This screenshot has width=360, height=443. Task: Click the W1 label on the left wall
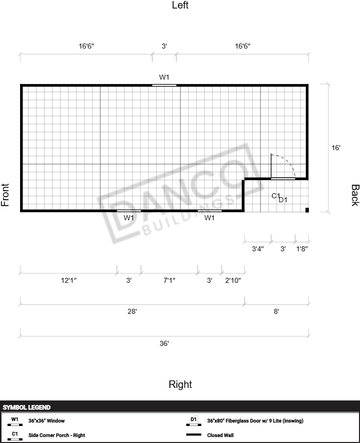tap(164, 77)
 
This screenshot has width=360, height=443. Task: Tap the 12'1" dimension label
tap(69, 280)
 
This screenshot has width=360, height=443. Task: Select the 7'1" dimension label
tap(169, 280)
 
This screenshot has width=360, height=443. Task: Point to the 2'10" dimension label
tap(233, 280)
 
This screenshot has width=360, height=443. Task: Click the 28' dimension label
tap(132, 311)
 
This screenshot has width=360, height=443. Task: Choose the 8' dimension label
tap(276, 311)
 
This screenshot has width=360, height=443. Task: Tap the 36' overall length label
tap(164, 343)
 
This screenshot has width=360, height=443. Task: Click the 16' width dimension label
tap(335, 148)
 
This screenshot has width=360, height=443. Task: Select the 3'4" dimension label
tap(258, 249)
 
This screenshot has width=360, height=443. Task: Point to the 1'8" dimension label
tap(302, 249)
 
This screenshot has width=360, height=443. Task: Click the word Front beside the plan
tap(5, 195)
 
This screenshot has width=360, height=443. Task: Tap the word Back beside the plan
tap(355, 195)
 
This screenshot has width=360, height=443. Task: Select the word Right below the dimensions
tap(180, 384)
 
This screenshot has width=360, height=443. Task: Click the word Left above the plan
tap(180, 5)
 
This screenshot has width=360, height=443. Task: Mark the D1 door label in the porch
tap(283, 200)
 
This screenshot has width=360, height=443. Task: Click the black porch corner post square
tap(307, 210)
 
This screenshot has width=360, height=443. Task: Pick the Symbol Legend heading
tap(27, 407)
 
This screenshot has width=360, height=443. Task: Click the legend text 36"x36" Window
tap(47, 420)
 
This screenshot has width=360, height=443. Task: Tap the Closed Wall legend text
tap(220, 435)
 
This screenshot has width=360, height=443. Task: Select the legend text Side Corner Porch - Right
tap(57, 435)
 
